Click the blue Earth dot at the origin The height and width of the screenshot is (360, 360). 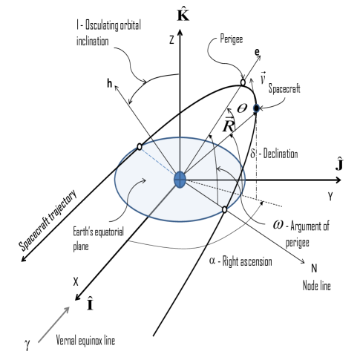click(x=180, y=180)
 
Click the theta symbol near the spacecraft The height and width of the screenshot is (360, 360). click(x=241, y=108)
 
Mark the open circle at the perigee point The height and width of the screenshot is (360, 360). click(x=244, y=82)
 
